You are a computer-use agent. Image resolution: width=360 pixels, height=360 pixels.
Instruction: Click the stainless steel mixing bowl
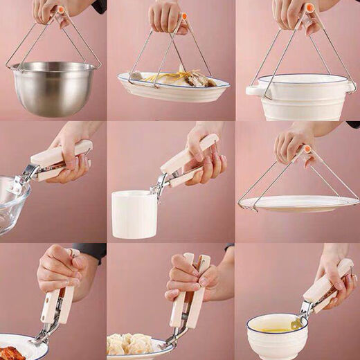point(53,88)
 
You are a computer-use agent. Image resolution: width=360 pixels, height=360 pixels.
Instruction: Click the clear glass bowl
point(12,204)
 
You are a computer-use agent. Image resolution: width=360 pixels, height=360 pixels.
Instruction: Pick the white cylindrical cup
point(134,215)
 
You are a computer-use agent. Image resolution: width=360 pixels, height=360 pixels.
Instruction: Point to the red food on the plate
point(10,353)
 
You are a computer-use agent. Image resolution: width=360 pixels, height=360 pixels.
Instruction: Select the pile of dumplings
point(132,345)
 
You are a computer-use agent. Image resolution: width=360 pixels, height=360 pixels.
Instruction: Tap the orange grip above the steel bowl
point(61,10)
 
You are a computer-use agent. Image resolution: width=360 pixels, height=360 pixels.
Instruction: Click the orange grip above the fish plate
point(183,15)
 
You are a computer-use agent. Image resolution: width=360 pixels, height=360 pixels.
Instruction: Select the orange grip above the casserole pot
point(309,8)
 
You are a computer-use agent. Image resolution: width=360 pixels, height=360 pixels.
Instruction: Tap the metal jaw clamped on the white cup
point(161,184)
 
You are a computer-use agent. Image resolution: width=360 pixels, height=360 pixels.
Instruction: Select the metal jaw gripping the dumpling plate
point(173,337)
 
